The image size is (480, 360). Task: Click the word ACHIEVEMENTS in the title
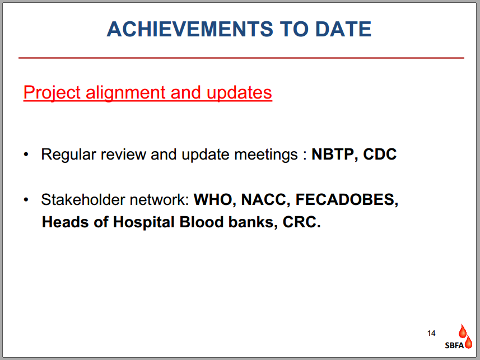(x=190, y=29)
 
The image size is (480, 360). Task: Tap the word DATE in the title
(x=343, y=29)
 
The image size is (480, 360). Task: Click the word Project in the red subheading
(x=52, y=93)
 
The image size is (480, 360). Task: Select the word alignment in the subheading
(x=126, y=93)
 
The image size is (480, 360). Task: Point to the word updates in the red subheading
(x=239, y=93)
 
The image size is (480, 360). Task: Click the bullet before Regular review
(x=26, y=155)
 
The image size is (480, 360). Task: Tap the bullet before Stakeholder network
(x=26, y=200)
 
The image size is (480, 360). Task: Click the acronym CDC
(x=380, y=155)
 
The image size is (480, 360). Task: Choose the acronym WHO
(x=215, y=200)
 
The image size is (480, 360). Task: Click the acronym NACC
(x=265, y=200)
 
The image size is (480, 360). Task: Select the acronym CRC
(x=301, y=222)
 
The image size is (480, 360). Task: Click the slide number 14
(x=431, y=333)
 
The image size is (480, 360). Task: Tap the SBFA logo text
(x=454, y=345)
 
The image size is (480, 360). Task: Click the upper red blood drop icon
(x=462, y=331)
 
